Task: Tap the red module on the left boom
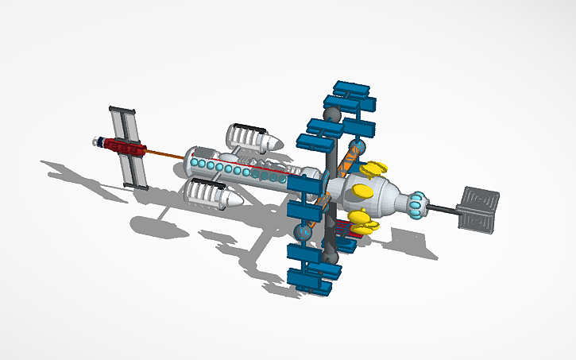tap(125, 146)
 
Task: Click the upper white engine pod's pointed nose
tap(272, 143)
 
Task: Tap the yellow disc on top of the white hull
tap(373, 168)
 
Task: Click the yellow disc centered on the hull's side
tap(362, 191)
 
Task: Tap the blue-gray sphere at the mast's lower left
tap(302, 233)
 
